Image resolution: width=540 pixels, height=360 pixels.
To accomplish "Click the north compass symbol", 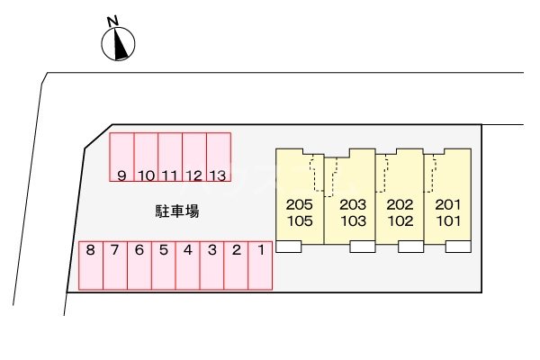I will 119,43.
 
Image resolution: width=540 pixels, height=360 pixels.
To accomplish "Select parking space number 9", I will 121,159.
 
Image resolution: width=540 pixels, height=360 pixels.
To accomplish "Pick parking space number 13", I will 219,159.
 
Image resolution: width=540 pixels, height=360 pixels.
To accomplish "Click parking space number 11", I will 170,159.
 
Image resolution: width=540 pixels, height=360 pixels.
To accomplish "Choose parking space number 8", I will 91,265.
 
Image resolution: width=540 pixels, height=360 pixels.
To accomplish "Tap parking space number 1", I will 260,265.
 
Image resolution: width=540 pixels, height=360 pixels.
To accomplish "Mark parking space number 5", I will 163,265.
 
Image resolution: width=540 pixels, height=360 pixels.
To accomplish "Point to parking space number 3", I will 211,265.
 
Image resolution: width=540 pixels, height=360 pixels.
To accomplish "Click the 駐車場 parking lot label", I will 177,212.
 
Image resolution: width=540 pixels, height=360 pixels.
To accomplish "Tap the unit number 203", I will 354,204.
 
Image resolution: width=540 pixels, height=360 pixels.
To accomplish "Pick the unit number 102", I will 400,220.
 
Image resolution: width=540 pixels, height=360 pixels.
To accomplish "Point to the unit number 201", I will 447,204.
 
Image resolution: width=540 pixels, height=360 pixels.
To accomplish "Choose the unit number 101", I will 447,220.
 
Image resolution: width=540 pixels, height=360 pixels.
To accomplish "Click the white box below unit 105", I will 289,247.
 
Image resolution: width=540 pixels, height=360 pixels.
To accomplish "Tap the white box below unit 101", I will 458,247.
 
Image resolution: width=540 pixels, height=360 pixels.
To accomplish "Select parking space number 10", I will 147,159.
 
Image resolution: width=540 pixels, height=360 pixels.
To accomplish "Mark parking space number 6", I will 139,265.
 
